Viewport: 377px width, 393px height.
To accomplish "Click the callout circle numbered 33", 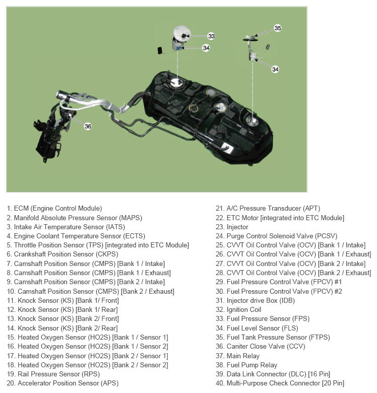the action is pyautogui.click(x=211, y=36).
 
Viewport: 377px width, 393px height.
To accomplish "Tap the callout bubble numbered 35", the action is pyautogui.click(x=278, y=28).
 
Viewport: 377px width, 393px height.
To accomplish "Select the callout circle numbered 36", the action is pyautogui.click(x=88, y=126).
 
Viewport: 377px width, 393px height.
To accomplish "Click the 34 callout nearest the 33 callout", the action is pyautogui.click(x=206, y=48).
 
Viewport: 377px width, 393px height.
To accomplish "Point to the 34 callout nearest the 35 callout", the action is pyautogui.click(x=275, y=69).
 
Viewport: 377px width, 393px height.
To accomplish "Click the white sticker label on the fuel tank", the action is pyautogui.click(x=228, y=148).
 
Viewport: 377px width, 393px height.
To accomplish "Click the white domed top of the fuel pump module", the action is pyautogui.click(x=182, y=32).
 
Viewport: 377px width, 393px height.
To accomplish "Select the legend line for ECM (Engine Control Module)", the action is pyautogui.click(x=54, y=209).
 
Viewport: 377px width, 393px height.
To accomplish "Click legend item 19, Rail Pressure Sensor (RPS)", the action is pyautogui.click(x=53, y=374).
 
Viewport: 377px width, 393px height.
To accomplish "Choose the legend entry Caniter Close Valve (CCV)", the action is pyautogui.click(x=261, y=347).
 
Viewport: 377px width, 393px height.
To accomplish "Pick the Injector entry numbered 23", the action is pyautogui.click(x=232, y=227).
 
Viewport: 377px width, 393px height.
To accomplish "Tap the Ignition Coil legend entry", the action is pyautogui.click(x=238, y=310).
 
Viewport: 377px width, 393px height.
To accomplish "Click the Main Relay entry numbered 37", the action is pyautogui.click(x=237, y=356).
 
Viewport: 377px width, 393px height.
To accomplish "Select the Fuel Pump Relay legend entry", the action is pyautogui.click(x=246, y=365).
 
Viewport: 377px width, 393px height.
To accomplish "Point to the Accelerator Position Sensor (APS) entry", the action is pyautogui.click(x=62, y=383).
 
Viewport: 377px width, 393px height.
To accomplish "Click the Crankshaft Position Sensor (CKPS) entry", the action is pyautogui.click(x=62, y=254).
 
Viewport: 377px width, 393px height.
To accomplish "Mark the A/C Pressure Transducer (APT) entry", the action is pyautogui.click(x=268, y=209).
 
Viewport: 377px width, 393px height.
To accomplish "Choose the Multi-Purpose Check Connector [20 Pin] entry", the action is pyautogui.click(x=280, y=383).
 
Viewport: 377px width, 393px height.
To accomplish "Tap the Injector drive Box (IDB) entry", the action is pyautogui.click(x=255, y=301).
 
